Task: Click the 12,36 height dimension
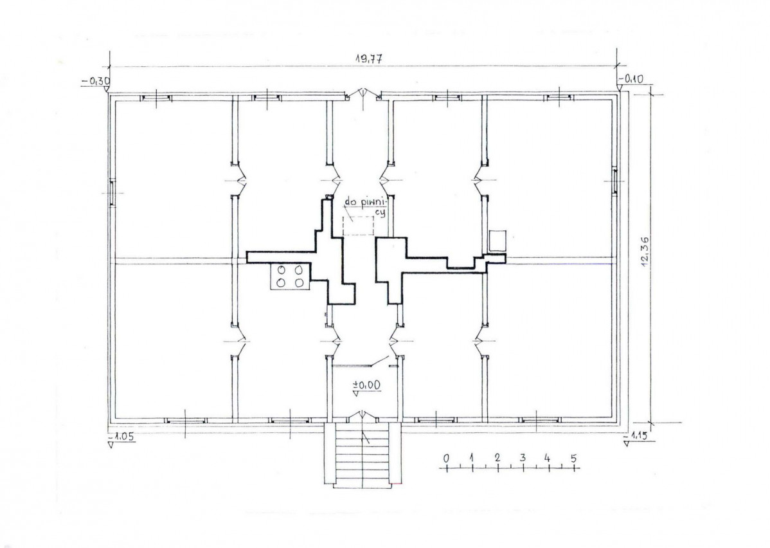pos(646,251)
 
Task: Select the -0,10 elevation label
pos(632,78)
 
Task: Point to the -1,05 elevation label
pos(121,437)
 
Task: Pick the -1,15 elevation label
pos(636,435)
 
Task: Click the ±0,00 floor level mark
pos(366,385)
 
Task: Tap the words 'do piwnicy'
pos(366,206)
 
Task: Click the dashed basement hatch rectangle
pos(358,225)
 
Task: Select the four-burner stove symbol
pos(289,276)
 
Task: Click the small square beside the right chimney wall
pos(498,241)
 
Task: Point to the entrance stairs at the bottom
pos(363,455)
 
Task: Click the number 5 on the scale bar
pos(573,459)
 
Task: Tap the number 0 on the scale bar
pos(446,459)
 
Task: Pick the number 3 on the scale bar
pos(523,458)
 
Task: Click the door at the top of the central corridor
pos(363,95)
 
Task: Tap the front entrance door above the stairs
pos(363,416)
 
